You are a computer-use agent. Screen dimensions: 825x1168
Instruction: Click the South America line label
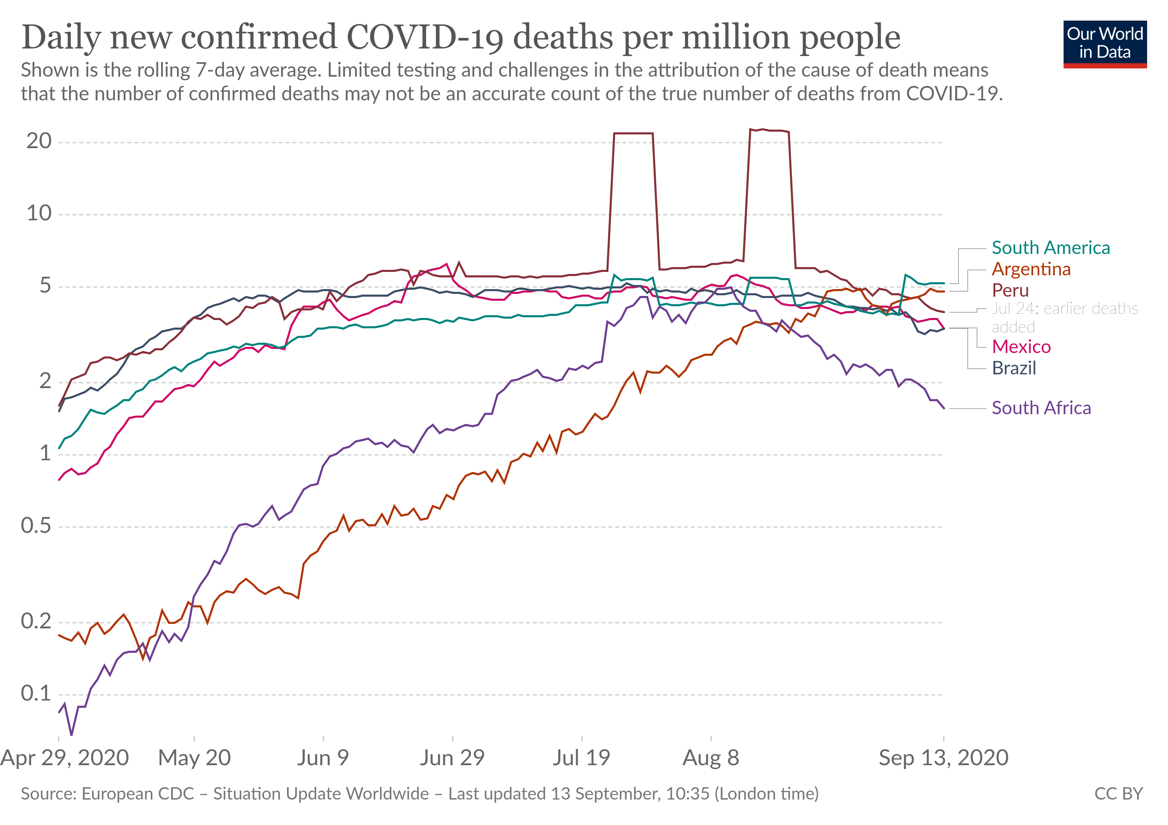[x=1051, y=248]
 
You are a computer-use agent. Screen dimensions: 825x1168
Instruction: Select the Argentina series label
[x=1031, y=269]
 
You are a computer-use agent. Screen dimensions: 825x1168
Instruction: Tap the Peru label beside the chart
[x=1010, y=290]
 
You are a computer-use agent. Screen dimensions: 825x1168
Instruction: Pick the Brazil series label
[x=1014, y=368]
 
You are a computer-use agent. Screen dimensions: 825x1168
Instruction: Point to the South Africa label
[x=1041, y=408]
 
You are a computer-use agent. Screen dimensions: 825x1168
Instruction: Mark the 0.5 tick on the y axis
[x=36, y=526]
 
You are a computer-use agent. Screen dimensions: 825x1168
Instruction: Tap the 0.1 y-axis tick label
[x=36, y=693]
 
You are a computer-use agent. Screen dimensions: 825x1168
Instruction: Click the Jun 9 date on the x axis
[x=323, y=758]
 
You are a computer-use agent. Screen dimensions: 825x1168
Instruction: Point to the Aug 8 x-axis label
[x=711, y=758]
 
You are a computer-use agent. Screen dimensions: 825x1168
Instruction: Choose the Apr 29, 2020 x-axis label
[x=65, y=758]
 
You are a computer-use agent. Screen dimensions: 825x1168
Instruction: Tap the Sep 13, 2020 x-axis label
[x=944, y=758]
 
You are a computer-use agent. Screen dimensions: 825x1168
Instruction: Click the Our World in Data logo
[x=1104, y=44]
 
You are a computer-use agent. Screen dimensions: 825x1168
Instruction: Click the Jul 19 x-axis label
[x=582, y=758]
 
